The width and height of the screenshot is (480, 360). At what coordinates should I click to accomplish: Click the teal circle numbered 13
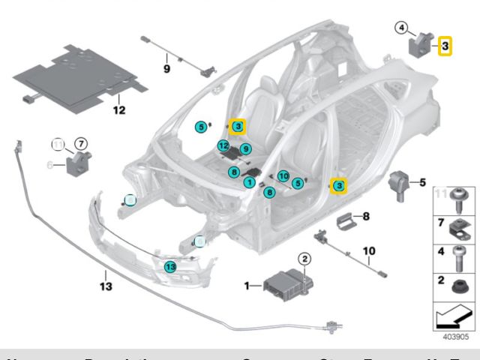coord(170,265)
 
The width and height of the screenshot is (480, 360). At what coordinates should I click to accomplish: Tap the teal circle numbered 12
coord(223,145)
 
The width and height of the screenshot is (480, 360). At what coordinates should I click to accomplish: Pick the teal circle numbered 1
coord(249,181)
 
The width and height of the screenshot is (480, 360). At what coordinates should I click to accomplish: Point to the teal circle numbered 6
coord(234,172)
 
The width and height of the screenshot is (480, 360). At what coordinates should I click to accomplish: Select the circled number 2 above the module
coord(305,259)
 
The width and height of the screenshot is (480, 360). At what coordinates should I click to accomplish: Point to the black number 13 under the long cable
coord(105,286)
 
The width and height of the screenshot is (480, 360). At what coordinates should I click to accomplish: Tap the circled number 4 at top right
coord(403,28)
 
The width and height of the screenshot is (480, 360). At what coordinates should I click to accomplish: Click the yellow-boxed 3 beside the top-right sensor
coord(445,46)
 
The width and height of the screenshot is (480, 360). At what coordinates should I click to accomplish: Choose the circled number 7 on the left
coord(81,143)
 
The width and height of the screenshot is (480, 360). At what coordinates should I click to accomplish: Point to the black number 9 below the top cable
coord(167,69)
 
